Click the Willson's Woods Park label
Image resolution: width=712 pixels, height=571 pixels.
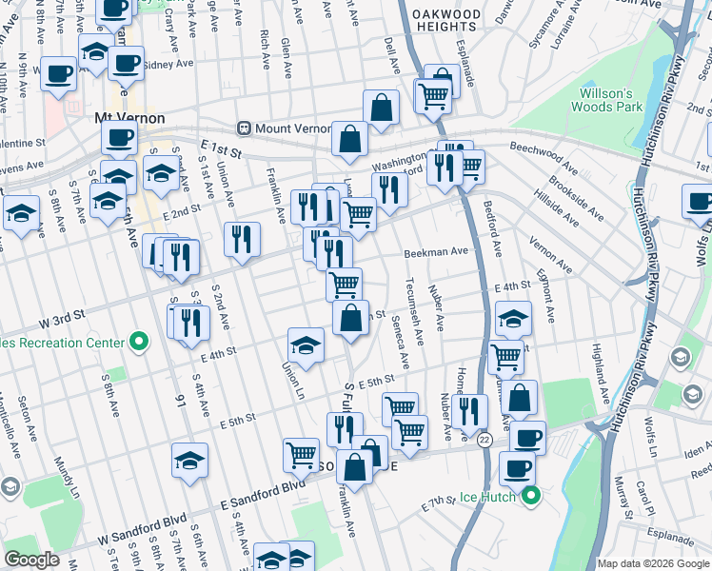606,100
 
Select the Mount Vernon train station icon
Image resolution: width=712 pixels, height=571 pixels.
245,128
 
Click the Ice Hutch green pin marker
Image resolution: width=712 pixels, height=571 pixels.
532,496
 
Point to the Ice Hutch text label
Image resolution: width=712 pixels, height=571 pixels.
487,497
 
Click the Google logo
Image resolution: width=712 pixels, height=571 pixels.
32,560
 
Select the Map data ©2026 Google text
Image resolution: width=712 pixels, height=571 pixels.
652,563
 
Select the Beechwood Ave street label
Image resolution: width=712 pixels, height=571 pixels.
546,148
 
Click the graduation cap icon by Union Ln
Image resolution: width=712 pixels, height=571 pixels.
307,345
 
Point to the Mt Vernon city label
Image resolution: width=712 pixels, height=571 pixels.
129,118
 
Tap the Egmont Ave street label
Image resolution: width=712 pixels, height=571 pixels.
549,299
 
